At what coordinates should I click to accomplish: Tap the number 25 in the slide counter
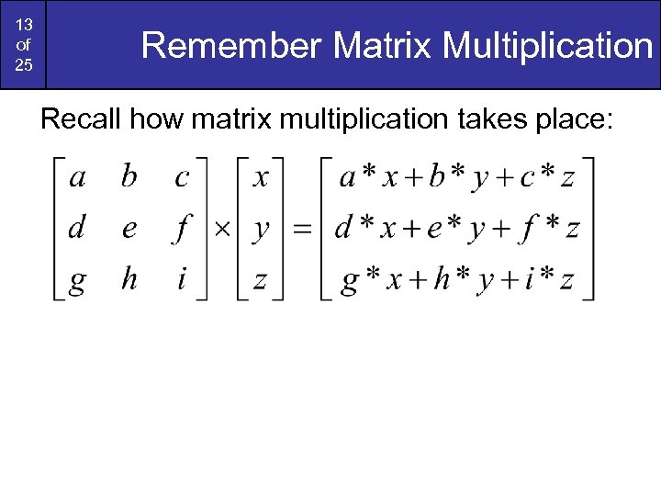23,66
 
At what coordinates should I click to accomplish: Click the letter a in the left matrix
77,177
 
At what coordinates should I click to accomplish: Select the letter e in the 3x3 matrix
129,229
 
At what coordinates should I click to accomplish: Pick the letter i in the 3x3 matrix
181,279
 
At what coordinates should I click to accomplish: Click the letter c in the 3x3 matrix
181,177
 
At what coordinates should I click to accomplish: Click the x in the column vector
261,177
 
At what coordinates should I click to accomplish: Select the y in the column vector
262,231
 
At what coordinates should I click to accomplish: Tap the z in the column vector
261,280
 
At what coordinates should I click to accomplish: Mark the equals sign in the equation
301,229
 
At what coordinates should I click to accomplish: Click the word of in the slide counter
23,46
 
